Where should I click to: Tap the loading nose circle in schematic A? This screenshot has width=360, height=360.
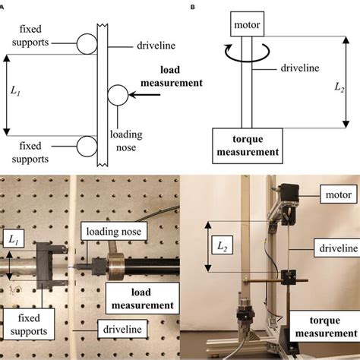click(x=118, y=94)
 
